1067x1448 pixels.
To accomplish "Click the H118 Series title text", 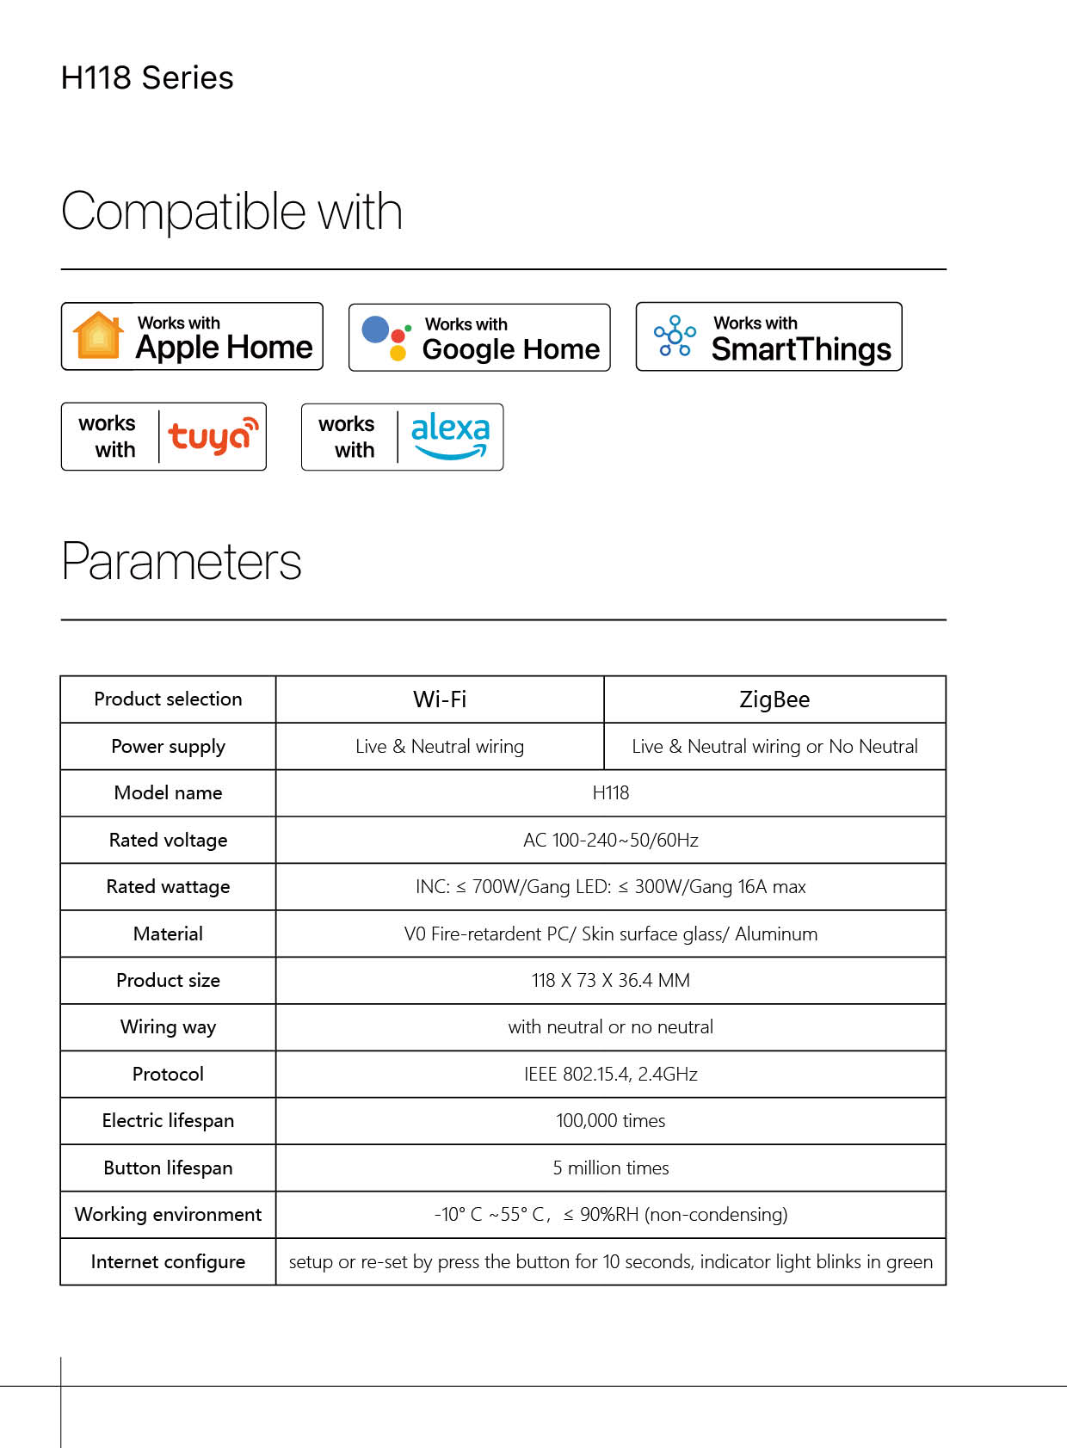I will click(x=147, y=78).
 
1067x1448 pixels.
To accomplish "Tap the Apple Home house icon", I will click(x=99, y=336).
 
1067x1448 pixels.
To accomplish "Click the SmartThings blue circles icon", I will click(x=675, y=336).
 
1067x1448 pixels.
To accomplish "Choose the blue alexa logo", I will click(x=450, y=435).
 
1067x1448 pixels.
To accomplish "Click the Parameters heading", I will click(x=182, y=562).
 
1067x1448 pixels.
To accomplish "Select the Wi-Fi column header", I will click(x=440, y=699).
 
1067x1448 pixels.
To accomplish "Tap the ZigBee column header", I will click(x=774, y=699).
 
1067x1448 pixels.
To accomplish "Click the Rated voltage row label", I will click(x=168, y=840).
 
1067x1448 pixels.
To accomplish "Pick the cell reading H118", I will click(x=611, y=793).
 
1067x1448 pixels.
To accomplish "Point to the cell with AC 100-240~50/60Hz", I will click(x=611, y=840).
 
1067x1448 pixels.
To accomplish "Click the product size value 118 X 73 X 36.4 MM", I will click(x=611, y=981).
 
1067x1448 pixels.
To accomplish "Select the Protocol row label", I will click(x=168, y=1074).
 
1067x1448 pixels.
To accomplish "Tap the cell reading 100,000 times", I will click(x=611, y=1121).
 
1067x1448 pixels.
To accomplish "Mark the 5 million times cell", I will click(x=611, y=1168).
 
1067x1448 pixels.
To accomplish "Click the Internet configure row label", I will click(x=168, y=1261).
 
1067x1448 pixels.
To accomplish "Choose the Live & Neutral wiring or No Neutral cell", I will click(x=774, y=747).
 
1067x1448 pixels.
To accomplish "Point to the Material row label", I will click(x=168, y=933).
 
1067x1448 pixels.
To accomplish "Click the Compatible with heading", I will click(x=231, y=212).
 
